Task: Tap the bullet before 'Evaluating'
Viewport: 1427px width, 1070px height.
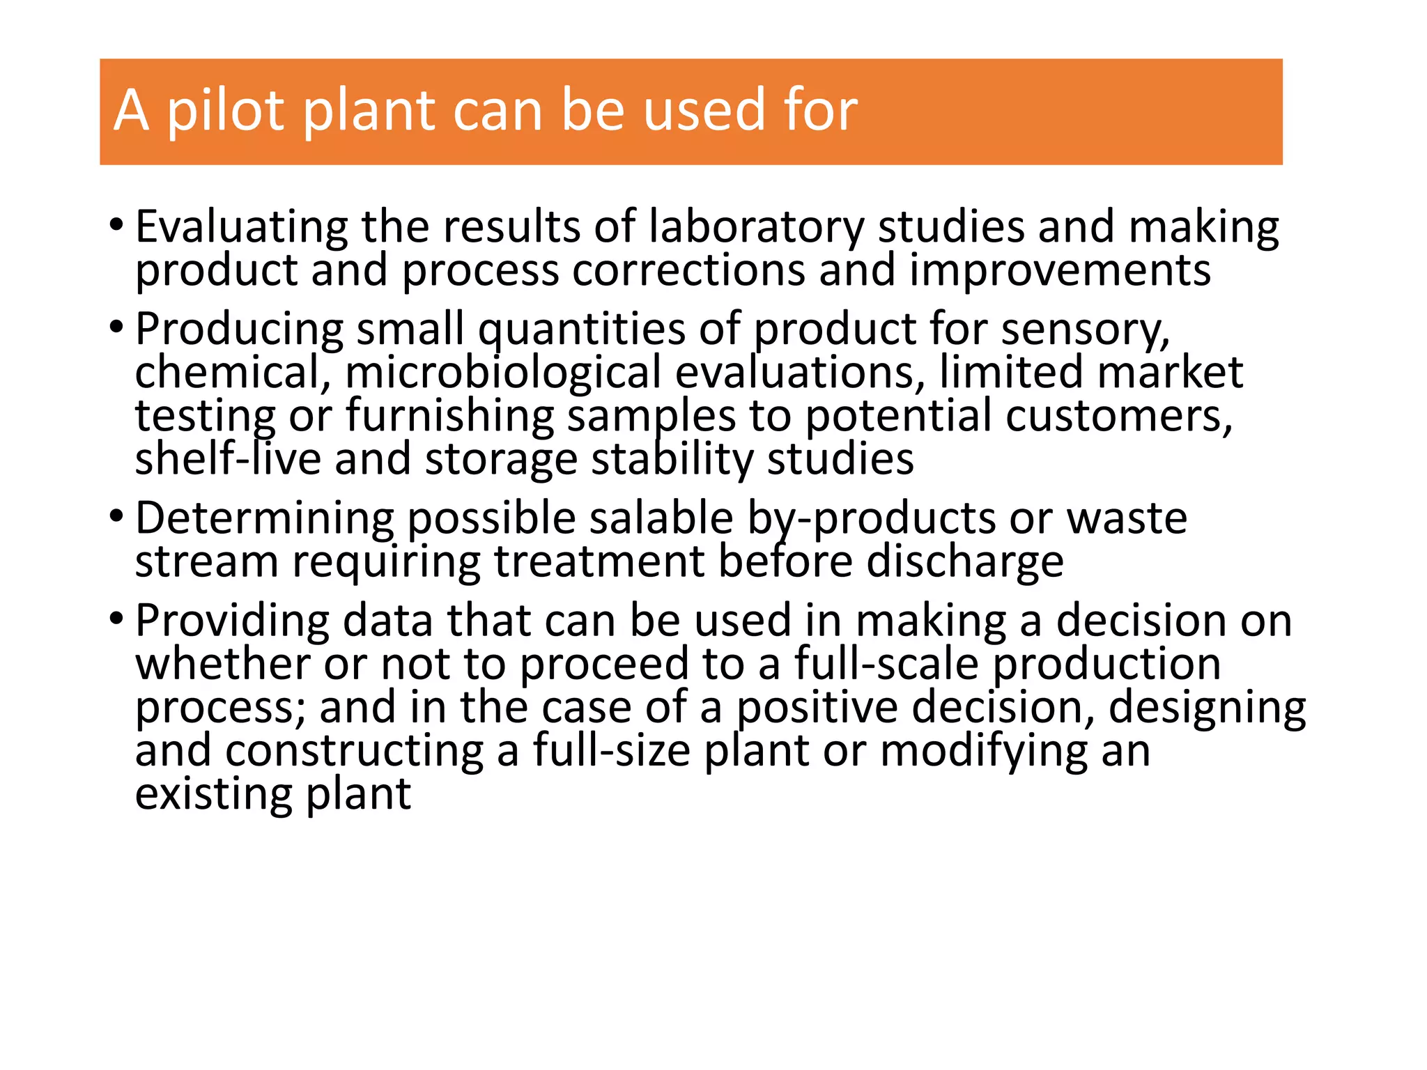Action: tap(116, 225)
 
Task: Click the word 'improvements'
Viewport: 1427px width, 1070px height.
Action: tap(1060, 270)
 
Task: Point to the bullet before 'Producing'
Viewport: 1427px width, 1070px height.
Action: tap(116, 326)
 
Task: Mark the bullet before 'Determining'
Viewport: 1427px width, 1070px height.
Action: tap(116, 516)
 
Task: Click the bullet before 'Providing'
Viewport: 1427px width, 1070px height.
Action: tap(116, 618)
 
